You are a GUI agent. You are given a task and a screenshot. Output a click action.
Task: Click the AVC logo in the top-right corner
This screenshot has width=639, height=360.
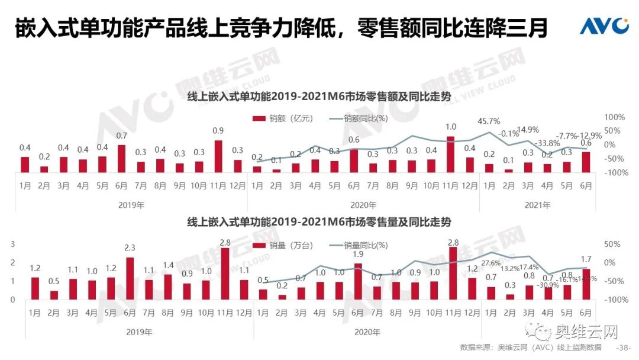[x=603, y=26]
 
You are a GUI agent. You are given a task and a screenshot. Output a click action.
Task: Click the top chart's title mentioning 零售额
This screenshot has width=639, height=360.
[x=319, y=97]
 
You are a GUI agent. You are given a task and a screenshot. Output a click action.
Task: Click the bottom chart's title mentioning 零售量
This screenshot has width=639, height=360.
[x=319, y=222]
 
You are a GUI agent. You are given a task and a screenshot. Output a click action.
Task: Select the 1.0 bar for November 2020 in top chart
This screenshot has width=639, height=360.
[x=451, y=155]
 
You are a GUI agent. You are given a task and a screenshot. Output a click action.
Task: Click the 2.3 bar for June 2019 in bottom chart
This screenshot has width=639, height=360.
[x=130, y=278]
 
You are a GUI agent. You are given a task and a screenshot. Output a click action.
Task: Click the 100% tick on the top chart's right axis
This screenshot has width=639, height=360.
[x=615, y=117]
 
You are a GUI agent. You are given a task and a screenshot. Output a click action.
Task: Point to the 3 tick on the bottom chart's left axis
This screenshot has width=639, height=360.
[x=13, y=244]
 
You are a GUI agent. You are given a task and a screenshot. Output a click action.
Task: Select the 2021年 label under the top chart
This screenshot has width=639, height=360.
[x=538, y=205]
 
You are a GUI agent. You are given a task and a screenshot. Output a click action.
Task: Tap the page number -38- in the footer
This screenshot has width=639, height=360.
[x=624, y=348]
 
